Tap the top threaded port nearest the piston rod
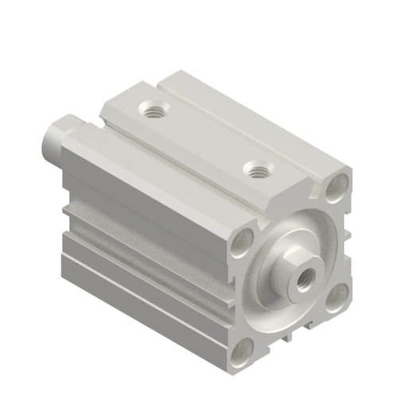click(256, 169)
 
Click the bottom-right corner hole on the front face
click(337, 295)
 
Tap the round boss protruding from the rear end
click(59, 137)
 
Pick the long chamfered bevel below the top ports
click(159, 171)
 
